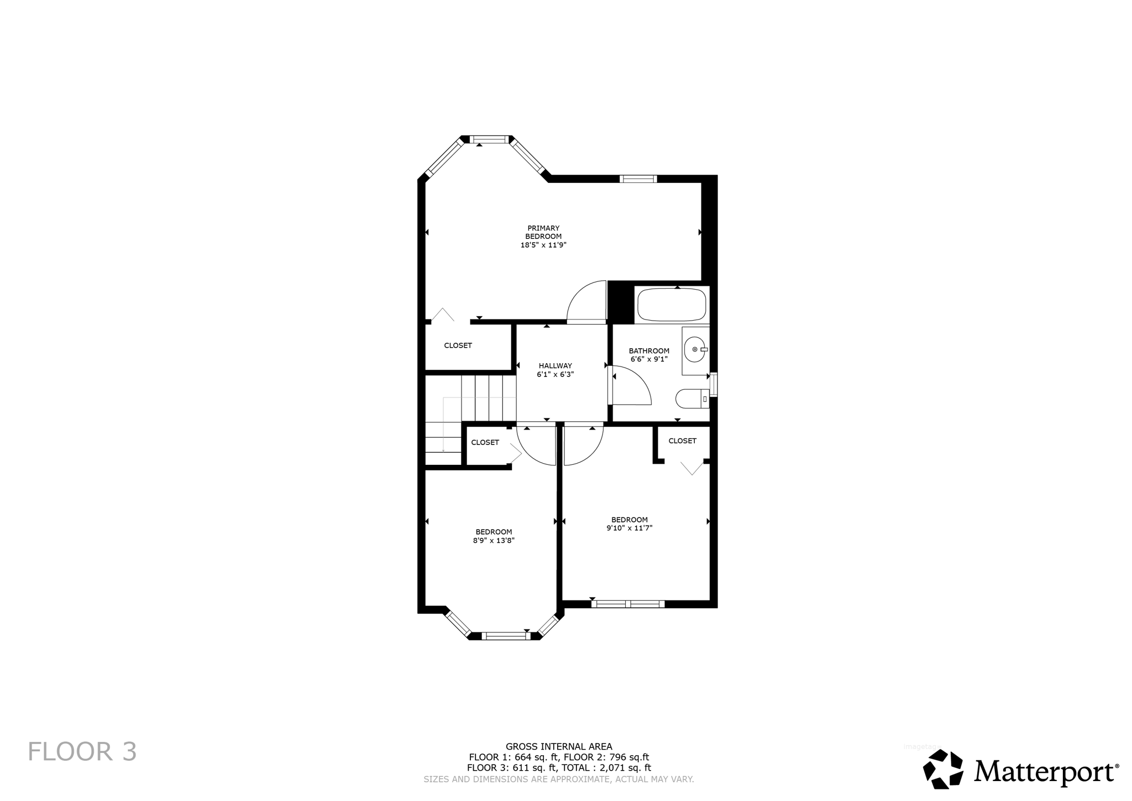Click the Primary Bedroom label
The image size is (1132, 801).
pos(543,232)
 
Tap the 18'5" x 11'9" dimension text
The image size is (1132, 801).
pos(543,245)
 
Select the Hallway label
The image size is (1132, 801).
pos(555,366)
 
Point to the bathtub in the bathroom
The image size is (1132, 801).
pos(672,305)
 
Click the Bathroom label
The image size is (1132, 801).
pos(649,351)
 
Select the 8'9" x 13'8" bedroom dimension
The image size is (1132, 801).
pos(494,541)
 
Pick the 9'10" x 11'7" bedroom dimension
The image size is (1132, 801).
pos(630,528)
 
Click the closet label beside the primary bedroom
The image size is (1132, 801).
pos(458,346)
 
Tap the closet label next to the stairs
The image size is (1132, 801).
pos(485,443)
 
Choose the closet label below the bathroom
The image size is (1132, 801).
pos(682,441)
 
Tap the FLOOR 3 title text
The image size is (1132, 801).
pos(82,752)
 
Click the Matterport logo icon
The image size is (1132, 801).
pos(943,769)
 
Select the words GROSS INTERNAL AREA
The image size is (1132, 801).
pos(559,747)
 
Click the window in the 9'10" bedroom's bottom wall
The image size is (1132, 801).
pos(628,604)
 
